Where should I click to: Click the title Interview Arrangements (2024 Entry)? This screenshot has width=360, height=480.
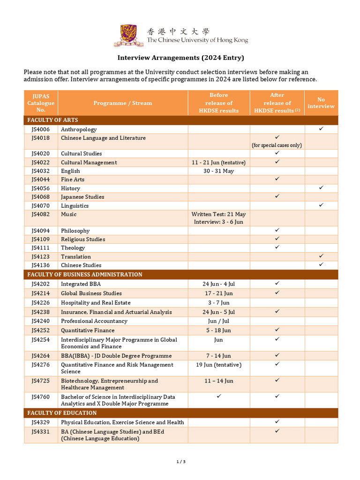click(180, 58)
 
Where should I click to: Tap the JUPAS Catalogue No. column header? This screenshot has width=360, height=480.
click(41, 103)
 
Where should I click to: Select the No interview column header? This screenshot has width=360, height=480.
click(321, 103)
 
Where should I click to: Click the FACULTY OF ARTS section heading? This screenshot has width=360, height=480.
click(52, 120)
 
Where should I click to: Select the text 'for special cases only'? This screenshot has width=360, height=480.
click(277, 145)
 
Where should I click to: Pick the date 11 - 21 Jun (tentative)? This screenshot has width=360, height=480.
click(218, 163)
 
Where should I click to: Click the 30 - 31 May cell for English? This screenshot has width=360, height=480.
click(218, 171)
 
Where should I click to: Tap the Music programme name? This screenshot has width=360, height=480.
click(68, 214)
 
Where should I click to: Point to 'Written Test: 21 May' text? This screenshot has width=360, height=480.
click(218, 214)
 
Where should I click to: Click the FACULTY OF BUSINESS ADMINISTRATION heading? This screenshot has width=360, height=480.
click(84, 274)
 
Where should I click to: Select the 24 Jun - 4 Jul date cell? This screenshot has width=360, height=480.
click(218, 284)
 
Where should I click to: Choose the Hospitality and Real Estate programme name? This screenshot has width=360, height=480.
click(96, 303)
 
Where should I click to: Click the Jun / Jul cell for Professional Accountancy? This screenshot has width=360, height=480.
click(218, 321)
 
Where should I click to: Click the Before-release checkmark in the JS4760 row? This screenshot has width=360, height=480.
click(218, 397)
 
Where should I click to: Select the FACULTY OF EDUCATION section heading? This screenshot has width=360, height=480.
click(62, 413)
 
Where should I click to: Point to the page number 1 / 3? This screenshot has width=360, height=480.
click(181, 462)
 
